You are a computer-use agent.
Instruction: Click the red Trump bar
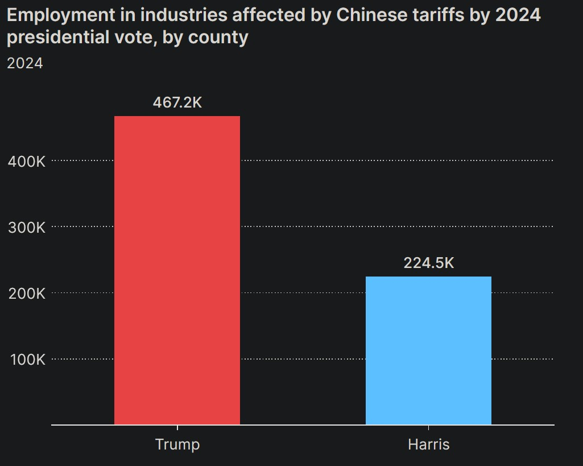(177, 270)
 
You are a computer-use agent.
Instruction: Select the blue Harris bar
(428, 350)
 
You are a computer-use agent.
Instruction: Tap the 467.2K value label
(177, 102)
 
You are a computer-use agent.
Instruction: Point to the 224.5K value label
(429, 263)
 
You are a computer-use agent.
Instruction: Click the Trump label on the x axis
(177, 444)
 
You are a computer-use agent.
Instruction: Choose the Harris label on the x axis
(429, 444)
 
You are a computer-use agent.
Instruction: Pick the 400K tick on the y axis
(26, 161)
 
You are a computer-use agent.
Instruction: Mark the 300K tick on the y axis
(26, 227)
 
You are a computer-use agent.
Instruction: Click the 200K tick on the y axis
(26, 294)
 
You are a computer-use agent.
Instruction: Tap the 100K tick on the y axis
(26, 360)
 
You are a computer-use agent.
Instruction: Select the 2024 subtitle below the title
(25, 63)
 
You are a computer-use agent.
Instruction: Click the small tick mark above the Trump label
(177, 428)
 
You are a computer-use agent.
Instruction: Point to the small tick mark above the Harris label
(429, 428)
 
